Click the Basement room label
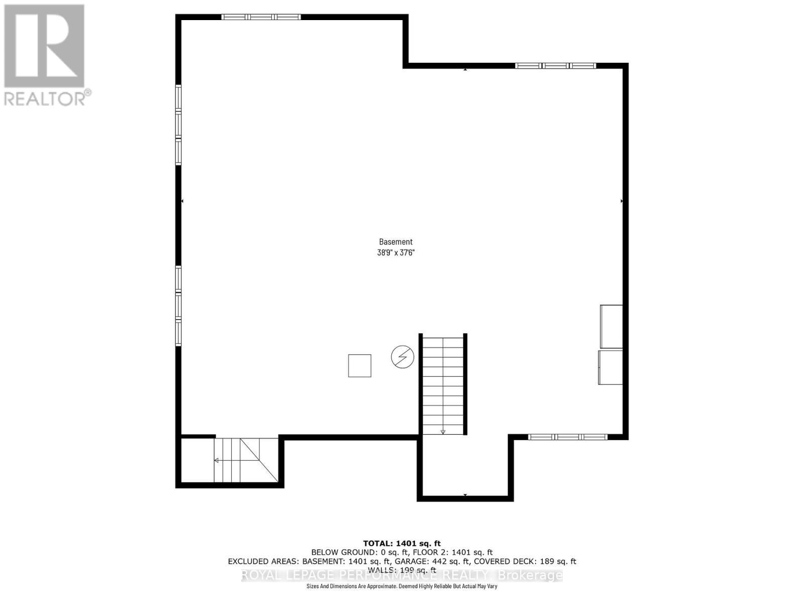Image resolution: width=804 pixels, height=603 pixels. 395,242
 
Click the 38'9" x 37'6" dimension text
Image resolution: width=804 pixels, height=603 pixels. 395,253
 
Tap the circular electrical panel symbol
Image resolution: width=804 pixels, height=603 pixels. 403,357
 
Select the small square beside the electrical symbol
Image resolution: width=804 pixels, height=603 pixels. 360,366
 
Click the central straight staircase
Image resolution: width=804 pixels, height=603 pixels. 443,384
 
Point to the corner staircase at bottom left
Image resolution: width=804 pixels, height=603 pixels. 246,460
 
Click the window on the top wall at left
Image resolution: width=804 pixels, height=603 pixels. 261,17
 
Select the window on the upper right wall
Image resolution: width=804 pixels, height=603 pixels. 555,65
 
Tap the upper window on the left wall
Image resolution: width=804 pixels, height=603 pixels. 178,125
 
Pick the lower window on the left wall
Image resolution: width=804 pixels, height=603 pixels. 178,306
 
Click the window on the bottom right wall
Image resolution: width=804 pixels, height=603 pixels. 568,437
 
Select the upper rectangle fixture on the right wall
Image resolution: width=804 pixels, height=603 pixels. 612,327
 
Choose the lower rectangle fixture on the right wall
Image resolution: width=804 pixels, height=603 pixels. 611,367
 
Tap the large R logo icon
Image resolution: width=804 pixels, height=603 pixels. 44,46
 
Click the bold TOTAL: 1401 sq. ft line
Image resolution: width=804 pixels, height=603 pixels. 401,543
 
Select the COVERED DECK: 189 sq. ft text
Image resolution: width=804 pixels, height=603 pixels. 525,561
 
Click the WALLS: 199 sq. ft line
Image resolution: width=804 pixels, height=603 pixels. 401,570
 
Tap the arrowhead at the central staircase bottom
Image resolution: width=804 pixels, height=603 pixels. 443,431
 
